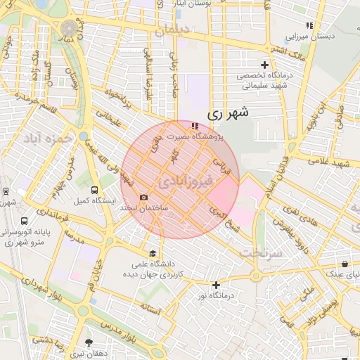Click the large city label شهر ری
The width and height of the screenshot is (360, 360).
click(x=229, y=112)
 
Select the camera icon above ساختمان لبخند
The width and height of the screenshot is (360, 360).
click(x=144, y=198)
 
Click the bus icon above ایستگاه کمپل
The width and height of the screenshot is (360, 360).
click(x=95, y=190)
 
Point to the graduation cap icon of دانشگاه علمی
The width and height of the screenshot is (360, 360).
click(x=153, y=254)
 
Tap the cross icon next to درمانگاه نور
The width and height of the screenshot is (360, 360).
click(x=216, y=285)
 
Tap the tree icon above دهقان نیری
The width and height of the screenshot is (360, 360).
click(x=88, y=342)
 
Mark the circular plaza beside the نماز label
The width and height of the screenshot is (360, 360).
click(x=70, y=28)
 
